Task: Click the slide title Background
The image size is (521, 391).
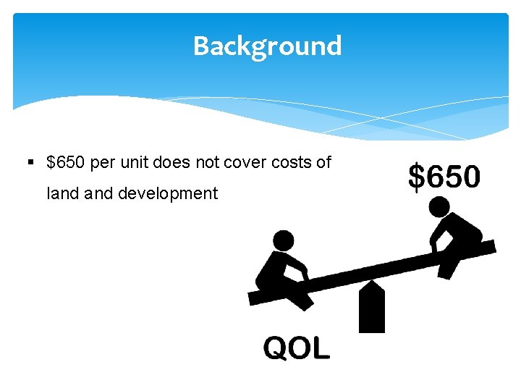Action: (x=267, y=46)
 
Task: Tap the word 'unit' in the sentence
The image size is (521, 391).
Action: (x=135, y=162)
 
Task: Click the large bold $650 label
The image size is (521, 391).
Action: (x=444, y=177)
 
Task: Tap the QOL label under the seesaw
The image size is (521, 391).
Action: (x=297, y=348)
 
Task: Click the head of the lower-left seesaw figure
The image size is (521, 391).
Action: (x=284, y=240)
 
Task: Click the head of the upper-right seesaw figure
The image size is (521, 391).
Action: (x=439, y=209)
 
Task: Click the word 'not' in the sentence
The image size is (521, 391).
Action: (x=208, y=162)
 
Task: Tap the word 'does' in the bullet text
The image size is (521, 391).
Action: (x=172, y=162)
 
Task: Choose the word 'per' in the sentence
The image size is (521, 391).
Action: (x=103, y=162)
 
